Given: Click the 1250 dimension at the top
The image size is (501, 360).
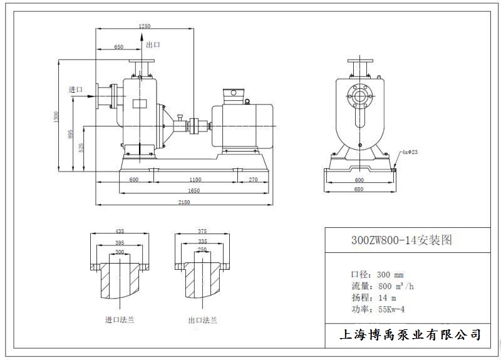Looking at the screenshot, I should click(x=145, y=26).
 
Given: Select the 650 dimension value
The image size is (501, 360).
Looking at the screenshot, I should click(x=118, y=47).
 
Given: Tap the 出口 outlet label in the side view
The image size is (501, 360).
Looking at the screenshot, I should click(x=153, y=45).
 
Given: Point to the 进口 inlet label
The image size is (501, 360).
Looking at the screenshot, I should click(x=75, y=90).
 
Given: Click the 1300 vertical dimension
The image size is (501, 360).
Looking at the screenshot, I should click(x=56, y=116).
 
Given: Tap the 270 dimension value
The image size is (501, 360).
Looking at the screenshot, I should click(x=252, y=180).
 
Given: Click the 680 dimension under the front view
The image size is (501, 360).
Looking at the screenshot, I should click(x=359, y=188).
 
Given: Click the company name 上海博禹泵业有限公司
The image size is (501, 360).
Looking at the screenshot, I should click(x=410, y=335).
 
